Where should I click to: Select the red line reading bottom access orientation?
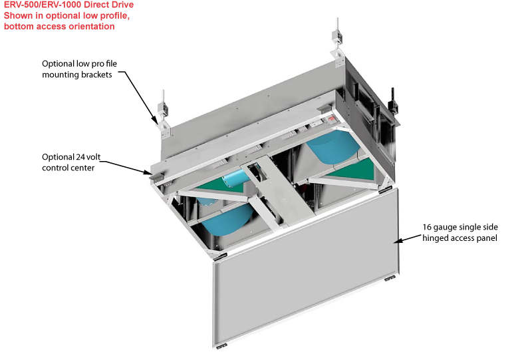[x=59, y=27]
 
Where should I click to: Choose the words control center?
[x=67, y=168]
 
